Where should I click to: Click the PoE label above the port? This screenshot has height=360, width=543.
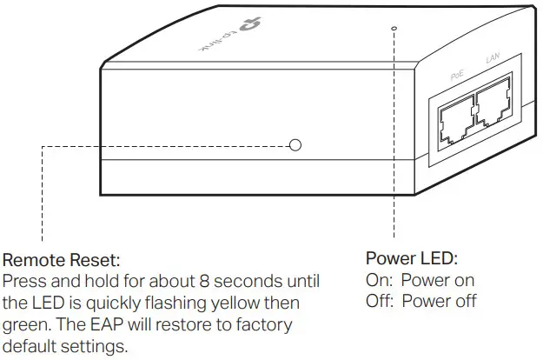[458, 76]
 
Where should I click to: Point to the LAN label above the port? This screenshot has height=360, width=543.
[493, 57]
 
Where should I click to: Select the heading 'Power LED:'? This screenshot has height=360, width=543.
[411, 258]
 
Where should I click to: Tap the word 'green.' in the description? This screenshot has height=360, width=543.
[27, 324]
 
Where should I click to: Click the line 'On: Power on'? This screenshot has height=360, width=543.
[420, 281]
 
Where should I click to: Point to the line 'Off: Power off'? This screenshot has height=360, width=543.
[420, 302]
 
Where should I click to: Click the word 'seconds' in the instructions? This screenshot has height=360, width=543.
[230, 283]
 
